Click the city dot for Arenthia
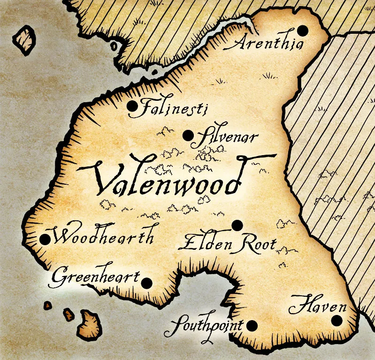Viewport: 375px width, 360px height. [x=303, y=31]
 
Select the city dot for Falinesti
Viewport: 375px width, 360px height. [x=132, y=107]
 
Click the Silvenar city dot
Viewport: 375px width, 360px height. [x=188, y=136]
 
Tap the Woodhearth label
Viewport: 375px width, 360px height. [x=103, y=237]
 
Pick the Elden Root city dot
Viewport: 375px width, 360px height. [x=237, y=225]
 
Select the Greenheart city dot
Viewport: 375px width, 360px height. [x=147, y=283]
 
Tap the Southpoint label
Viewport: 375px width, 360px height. [x=204, y=327]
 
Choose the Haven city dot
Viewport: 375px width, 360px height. [x=337, y=321]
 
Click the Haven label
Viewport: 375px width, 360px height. [x=317, y=307]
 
